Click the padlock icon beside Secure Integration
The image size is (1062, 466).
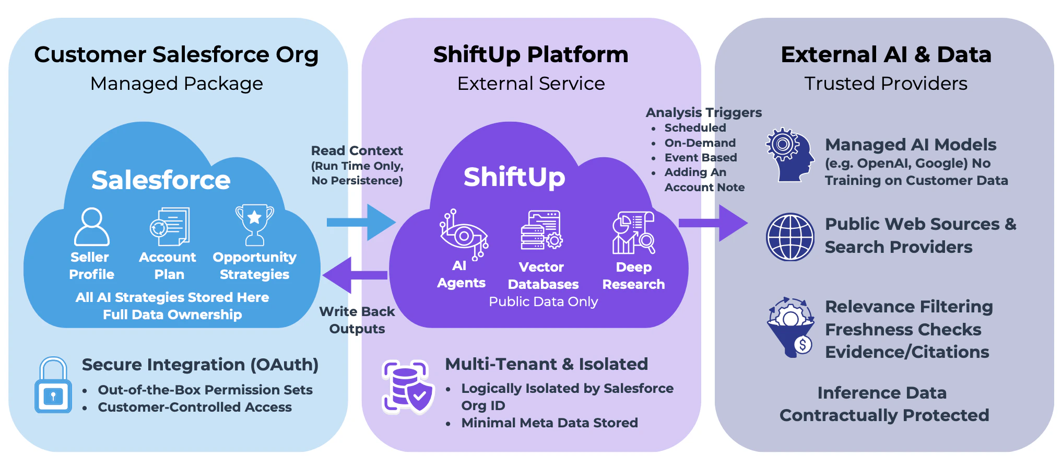click(53, 386)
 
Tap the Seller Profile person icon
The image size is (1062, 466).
click(92, 227)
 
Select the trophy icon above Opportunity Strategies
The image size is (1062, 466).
click(254, 224)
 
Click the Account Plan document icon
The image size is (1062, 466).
click(170, 226)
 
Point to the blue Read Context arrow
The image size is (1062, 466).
click(361, 222)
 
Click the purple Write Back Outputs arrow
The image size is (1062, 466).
click(355, 275)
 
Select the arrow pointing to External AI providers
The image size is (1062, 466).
click(713, 223)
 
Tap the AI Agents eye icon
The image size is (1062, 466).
click(463, 235)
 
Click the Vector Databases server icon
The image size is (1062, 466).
click(541, 230)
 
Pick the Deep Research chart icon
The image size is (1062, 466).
click(633, 232)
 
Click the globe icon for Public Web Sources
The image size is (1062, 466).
click(789, 237)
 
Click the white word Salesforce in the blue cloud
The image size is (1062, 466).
click(161, 180)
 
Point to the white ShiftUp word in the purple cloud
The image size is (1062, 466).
click(514, 177)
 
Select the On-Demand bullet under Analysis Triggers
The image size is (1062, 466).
click(700, 143)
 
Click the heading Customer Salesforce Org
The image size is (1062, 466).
click(176, 54)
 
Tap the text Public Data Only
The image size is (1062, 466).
click(543, 301)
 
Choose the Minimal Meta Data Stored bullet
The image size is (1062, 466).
click(549, 423)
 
